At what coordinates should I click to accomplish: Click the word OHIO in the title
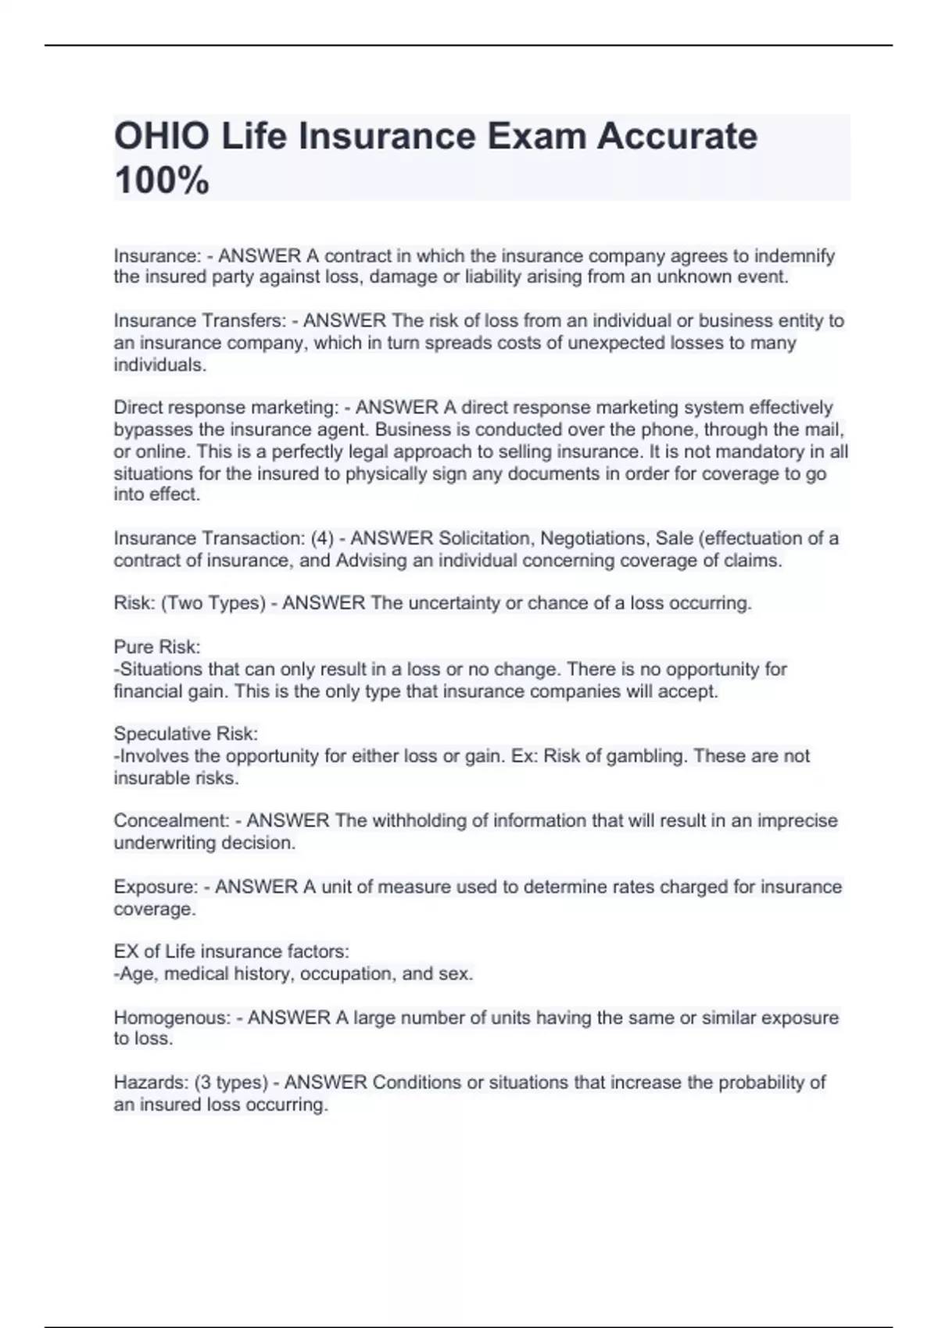pos(162,137)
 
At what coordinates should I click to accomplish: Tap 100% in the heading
pos(162,180)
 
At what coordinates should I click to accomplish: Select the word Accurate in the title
pos(677,137)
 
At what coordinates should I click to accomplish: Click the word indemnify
pos(794,256)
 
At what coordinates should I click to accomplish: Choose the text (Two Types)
pos(213,603)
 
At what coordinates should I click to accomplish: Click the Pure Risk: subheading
pos(157,647)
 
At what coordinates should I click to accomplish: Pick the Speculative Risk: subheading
pos(185,734)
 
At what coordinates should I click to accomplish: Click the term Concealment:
pos(171,821)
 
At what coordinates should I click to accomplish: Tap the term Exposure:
pos(156,887)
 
